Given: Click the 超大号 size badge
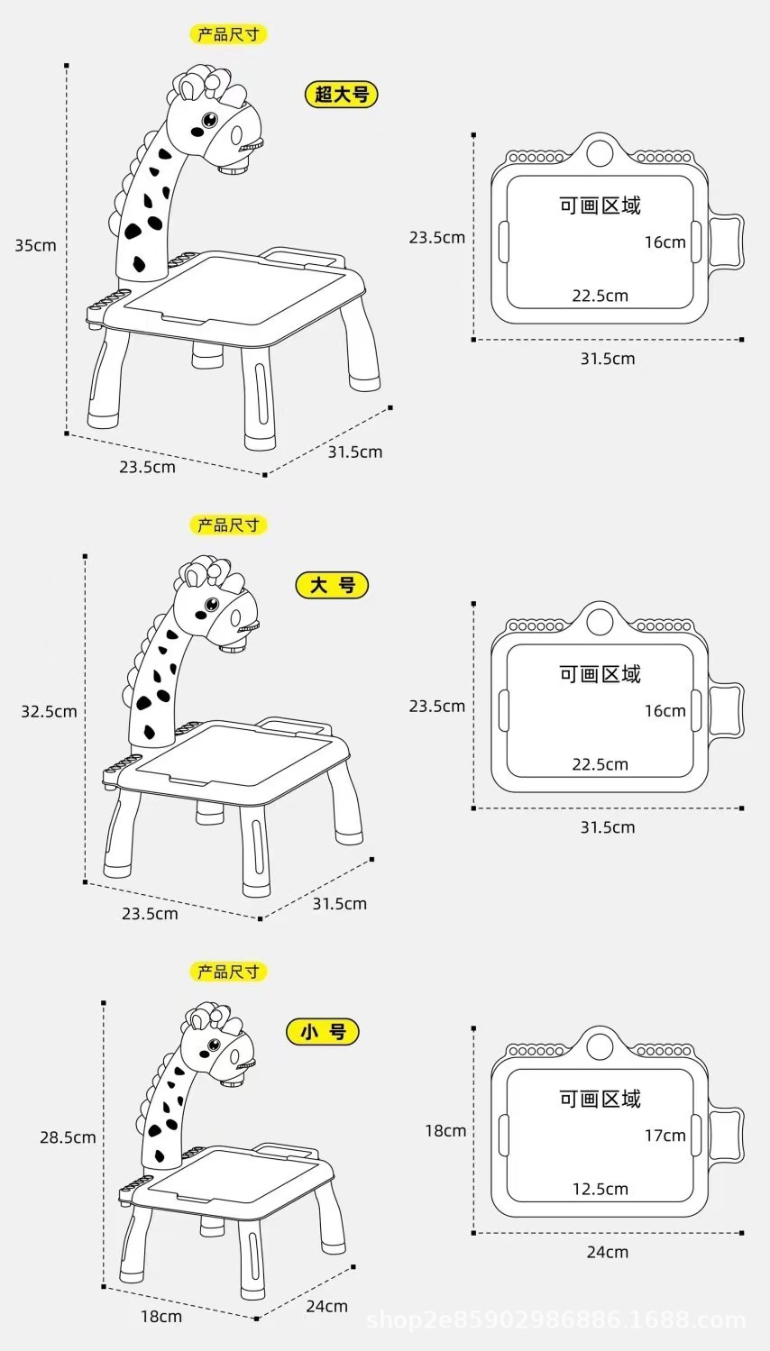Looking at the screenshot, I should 342,94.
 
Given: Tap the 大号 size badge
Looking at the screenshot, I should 333,585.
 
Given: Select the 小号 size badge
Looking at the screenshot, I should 323,1032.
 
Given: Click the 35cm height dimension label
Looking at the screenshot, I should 35,245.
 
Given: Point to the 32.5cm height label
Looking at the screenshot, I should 49,711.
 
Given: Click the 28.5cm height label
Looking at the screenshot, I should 68,1137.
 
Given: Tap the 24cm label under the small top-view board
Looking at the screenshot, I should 608,1252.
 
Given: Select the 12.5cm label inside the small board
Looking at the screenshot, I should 600,1189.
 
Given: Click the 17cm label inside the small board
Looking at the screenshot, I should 665,1136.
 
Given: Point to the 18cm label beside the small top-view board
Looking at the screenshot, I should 445,1130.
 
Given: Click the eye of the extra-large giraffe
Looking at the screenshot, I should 209,119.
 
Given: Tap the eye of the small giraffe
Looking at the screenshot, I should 215,1045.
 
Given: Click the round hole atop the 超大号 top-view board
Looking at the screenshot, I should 599,151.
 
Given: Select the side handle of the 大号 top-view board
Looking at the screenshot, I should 727,710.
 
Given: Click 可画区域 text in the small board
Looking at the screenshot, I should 600,1099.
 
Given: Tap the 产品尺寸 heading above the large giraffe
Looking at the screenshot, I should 228,525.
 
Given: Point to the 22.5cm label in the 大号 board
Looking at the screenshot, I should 600,764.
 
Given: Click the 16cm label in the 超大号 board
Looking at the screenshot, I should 665,242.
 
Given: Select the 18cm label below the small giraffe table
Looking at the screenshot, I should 160,1317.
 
